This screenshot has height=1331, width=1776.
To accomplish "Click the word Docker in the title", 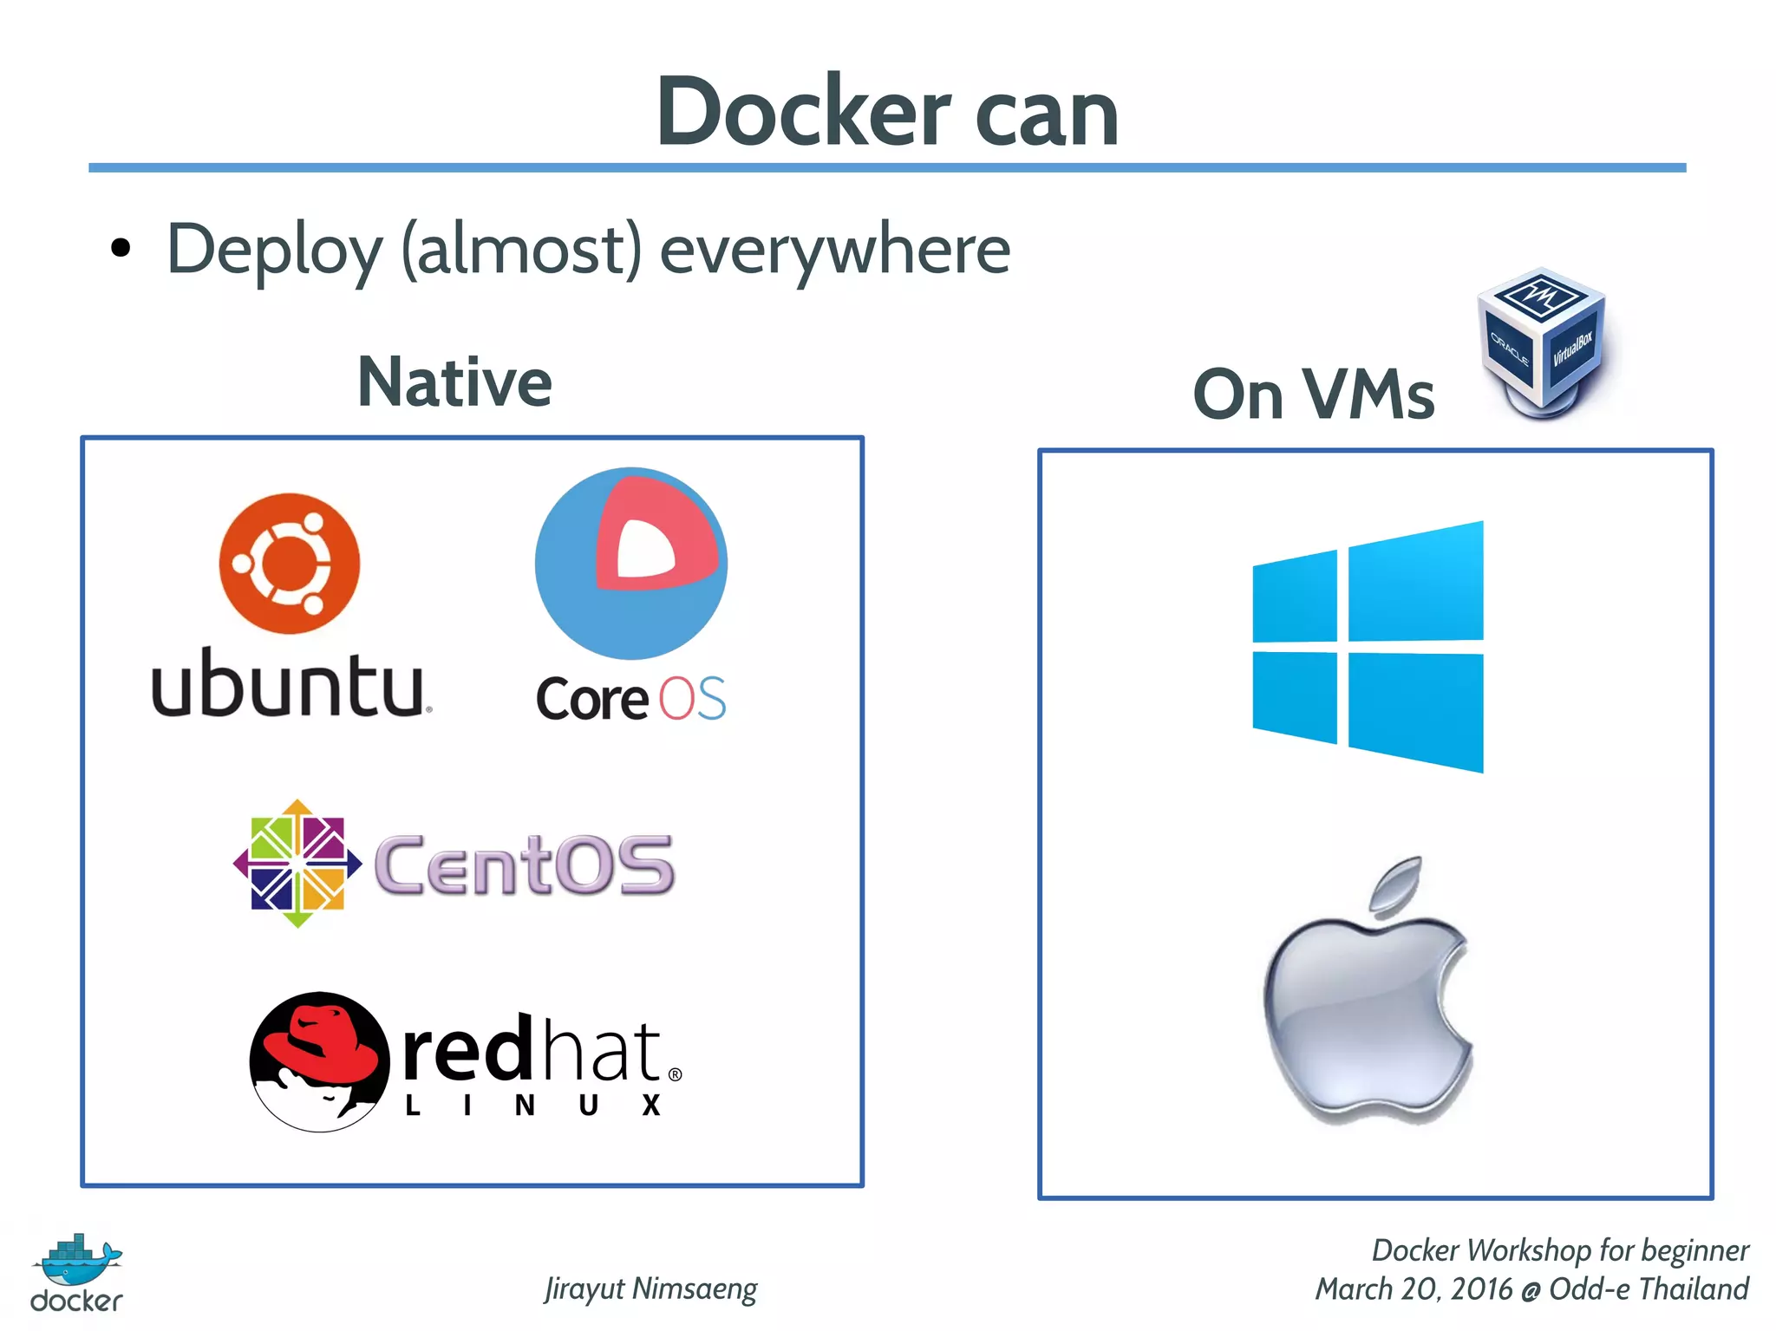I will (803, 113).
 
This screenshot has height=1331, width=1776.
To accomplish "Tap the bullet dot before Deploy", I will (121, 249).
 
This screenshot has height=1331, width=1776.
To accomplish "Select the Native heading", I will (454, 382).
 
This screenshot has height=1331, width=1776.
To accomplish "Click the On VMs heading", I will (1313, 395).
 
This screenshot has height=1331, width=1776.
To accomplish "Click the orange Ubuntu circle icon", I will (289, 564).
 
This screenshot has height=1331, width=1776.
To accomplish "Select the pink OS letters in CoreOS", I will (692, 699).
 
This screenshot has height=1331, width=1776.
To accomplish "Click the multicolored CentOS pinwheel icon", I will (297, 864).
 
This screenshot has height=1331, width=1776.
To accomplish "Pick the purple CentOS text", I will (524, 865).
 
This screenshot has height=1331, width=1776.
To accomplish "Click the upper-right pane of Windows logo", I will (1415, 583).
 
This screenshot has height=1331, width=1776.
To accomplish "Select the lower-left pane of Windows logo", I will (1294, 697).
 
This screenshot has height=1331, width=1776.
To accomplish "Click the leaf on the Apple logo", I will (1396, 884).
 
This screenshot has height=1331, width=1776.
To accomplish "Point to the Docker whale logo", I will (78, 1262).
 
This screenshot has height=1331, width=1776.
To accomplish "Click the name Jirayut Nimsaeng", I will (650, 1289).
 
